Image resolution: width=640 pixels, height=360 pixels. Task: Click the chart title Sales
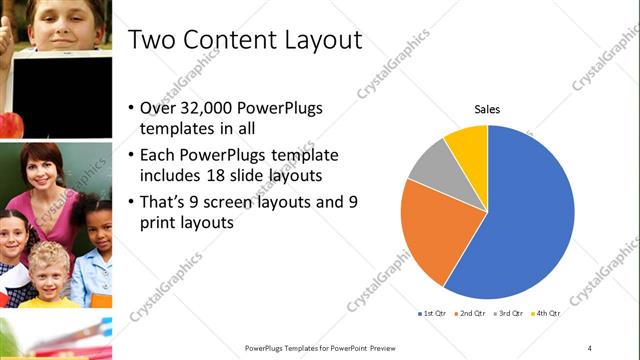(x=487, y=109)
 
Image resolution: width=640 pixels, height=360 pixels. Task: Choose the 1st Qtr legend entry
(x=434, y=314)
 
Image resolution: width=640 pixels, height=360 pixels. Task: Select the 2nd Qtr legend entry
(x=470, y=314)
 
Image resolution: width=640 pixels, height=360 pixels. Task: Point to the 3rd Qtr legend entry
(x=506, y=314)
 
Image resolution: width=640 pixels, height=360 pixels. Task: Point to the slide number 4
(x=590, y=347)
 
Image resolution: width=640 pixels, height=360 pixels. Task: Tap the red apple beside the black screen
(x=9, y=124)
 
